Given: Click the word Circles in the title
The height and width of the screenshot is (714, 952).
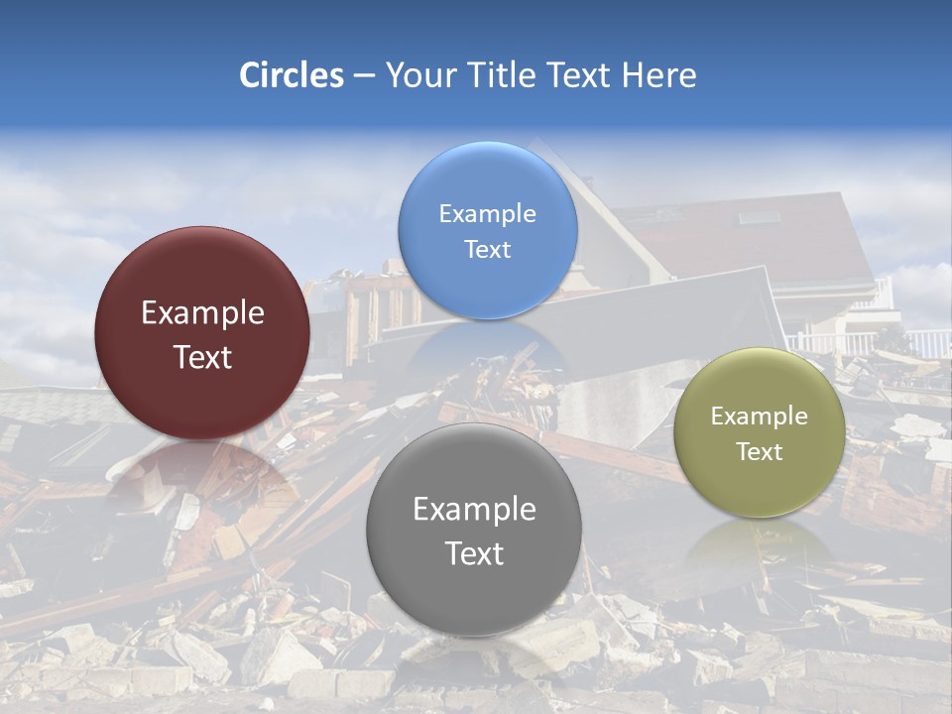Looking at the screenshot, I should [292, 75].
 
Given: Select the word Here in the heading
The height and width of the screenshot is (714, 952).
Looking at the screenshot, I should [658, 75].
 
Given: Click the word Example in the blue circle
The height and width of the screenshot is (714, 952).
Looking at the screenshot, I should [488, 213].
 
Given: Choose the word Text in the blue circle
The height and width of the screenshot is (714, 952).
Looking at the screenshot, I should [488, 249].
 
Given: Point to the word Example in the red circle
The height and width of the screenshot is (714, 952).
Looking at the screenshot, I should [202, 313].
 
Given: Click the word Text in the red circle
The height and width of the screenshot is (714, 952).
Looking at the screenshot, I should [202, 357].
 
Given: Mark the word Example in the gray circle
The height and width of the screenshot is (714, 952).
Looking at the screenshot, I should [474, 510].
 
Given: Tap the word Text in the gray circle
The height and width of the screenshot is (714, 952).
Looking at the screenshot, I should [474, 553].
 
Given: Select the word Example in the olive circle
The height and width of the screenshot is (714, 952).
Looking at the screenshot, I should [760, 416].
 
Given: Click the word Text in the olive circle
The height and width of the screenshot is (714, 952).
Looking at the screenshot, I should [760, 452].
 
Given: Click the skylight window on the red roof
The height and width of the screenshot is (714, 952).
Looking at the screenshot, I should [758, 217].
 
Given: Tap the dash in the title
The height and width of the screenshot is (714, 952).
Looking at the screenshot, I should [364, 76].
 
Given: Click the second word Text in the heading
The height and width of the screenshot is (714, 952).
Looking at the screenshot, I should [580, 75].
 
